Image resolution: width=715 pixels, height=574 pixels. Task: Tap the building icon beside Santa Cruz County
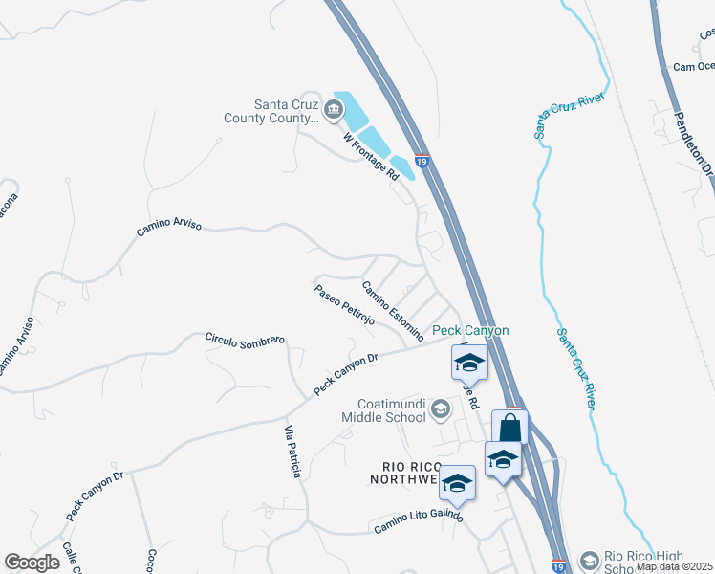334,111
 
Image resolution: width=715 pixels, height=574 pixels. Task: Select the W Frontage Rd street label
371,158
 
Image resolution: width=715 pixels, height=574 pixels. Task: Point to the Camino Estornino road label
392,311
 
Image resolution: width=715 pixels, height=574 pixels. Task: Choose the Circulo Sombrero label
246,340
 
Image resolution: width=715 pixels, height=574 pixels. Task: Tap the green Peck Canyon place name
469,331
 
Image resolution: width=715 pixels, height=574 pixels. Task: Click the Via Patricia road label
293,452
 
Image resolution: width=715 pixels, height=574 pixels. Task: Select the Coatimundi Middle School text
391,410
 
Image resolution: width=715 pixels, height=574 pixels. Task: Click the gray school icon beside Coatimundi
440,409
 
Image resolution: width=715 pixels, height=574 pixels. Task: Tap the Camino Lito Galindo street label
419,521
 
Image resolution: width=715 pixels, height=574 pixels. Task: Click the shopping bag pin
509,427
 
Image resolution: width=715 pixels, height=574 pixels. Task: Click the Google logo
32,563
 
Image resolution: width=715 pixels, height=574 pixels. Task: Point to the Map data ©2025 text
673,566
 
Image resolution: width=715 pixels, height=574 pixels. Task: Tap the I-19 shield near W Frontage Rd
421,164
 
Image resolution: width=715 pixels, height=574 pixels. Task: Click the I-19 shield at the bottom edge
559,566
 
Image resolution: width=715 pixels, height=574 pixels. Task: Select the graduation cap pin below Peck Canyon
469,362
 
